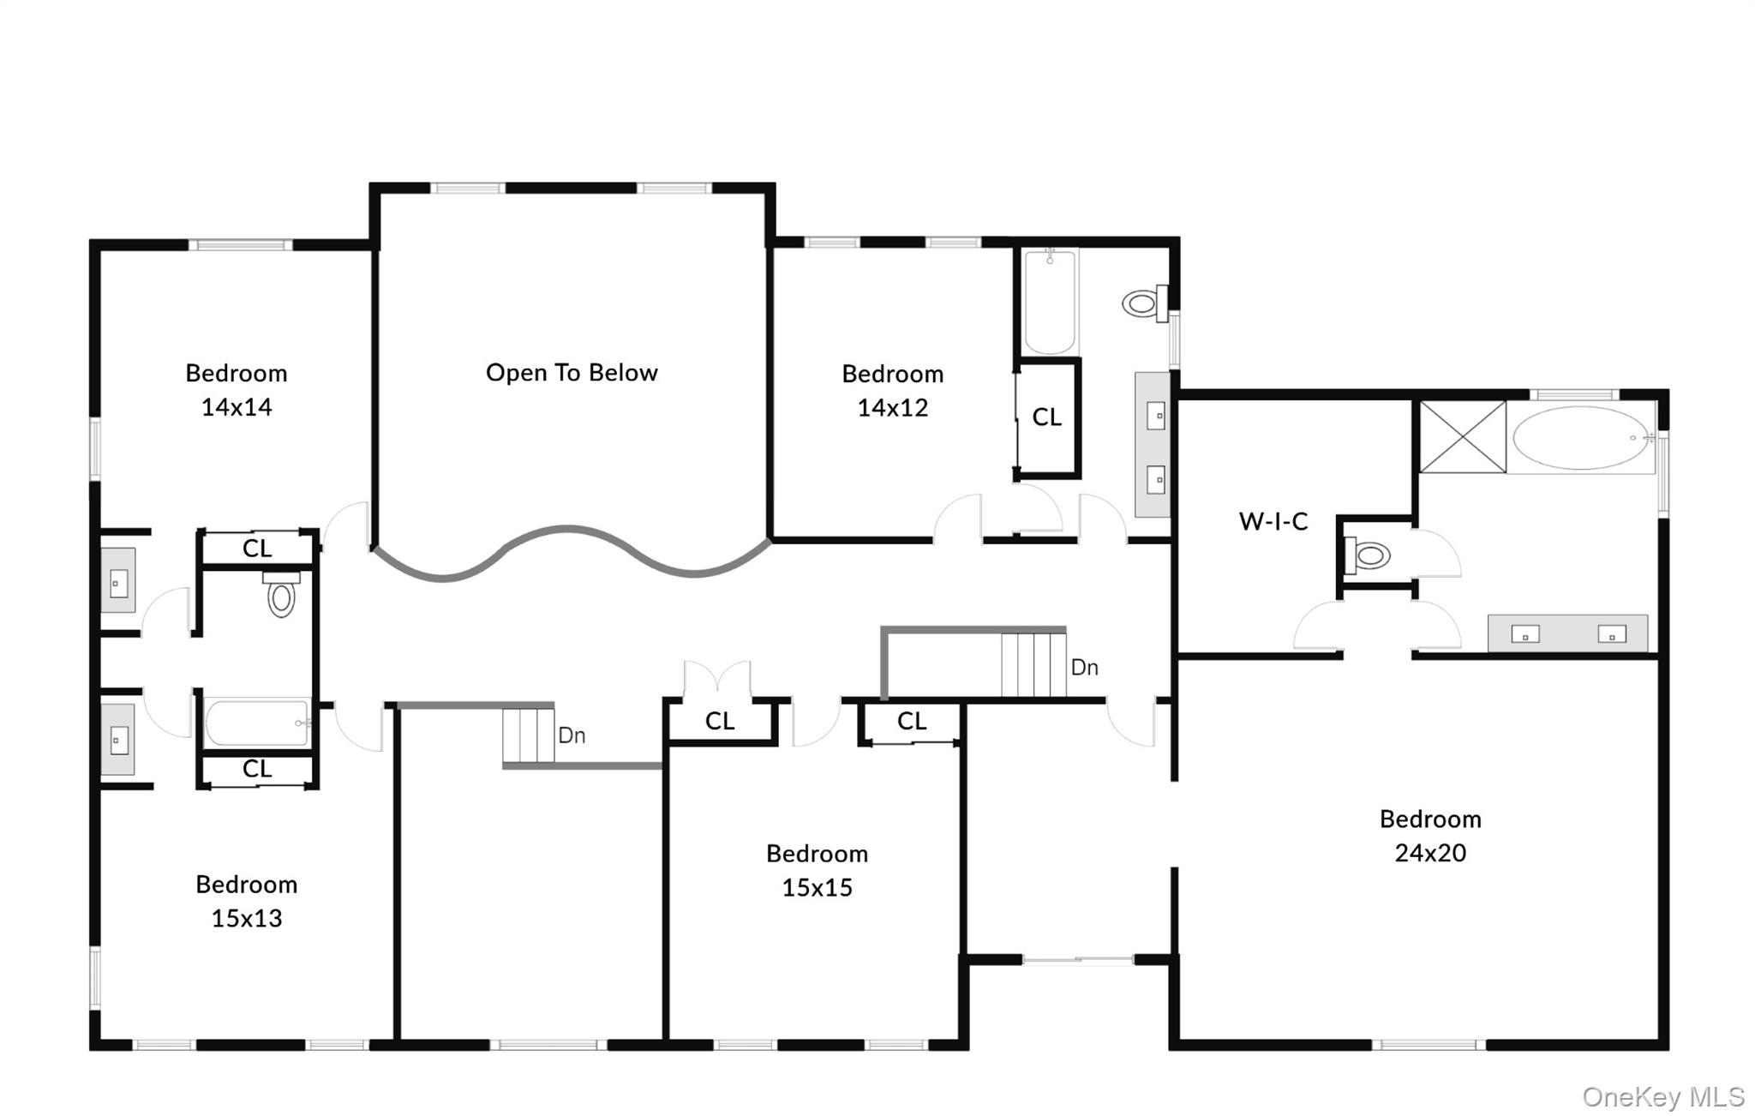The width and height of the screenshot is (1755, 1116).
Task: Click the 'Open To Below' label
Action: click(x=572, y=373)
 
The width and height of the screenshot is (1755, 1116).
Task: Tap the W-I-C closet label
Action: click(x=1273, y=521)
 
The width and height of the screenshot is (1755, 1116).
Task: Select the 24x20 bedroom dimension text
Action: click(x=1430, y=853)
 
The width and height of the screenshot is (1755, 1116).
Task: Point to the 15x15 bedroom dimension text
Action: click(x=817, y=887)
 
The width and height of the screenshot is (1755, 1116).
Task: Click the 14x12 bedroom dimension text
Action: click(x=892, y=408)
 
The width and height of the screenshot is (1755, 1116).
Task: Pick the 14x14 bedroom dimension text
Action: click(x=237, y=407)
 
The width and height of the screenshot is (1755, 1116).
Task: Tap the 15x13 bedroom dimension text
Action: click(x=247, y=918)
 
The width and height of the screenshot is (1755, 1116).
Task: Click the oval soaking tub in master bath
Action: click(x=1582, y=438)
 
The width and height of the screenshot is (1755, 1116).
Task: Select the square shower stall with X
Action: click(x=1463, y=436)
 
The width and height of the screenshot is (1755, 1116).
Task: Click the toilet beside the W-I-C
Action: click(x=1369, y=555)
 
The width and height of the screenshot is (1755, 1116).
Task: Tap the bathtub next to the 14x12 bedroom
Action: click(x=1050, y=301)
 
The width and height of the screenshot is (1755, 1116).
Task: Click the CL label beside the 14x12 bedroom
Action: click(x=1046, y=417)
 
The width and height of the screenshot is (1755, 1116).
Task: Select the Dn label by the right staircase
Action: click(x=1085, y=668)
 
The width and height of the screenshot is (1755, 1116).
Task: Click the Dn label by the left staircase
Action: click(x=572, y=735)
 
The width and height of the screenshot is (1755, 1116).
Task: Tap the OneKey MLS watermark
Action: click(x=1662, y=1096)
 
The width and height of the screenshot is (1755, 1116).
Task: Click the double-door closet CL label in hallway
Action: click(x=720, y=722)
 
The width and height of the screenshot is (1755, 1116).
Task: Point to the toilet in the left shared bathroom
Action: click(x=281, y=596)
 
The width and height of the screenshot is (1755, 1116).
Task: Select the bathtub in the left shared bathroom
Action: click(x=257, y=723)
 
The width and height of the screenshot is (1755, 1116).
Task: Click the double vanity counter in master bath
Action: click(x=1567, y=633)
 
